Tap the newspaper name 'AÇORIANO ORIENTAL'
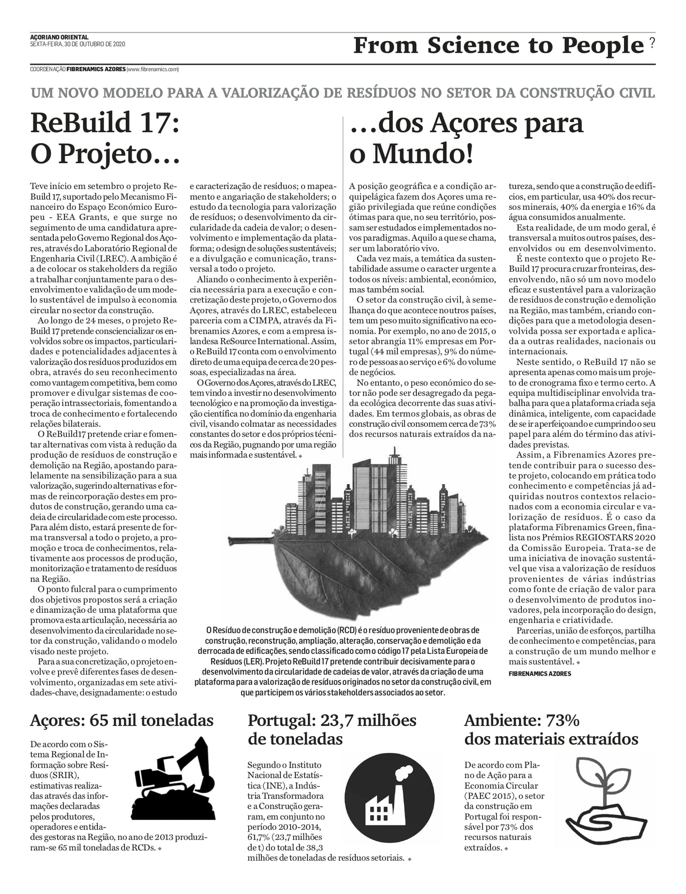[x=59, y=37]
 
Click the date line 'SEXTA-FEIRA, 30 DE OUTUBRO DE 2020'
[x=77, y=44]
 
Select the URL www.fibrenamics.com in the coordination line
[x=152, y=69]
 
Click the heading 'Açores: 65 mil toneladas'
[x=122, y=720]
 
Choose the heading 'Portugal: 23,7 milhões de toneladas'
[x=332, y=729]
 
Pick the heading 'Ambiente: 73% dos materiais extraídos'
[x=551, y=729]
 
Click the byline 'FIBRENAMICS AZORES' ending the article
[x=540, y=674]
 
